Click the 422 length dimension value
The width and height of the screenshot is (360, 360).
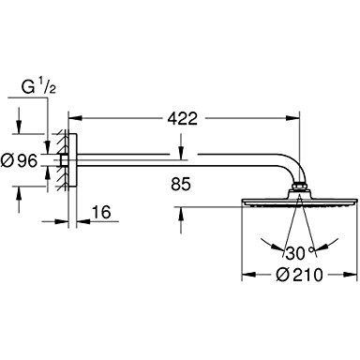click(183, 118)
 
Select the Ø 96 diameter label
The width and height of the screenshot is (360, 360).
click(19, 160)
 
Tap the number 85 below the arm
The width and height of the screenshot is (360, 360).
click(181, 185)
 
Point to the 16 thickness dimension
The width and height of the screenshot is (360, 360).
click(101, 212)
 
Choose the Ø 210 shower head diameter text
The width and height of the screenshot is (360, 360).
click(299, 275)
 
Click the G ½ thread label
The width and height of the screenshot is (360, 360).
click(38, 87)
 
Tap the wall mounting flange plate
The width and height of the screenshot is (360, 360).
click(72, 160)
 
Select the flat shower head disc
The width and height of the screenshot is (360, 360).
click(299, 202)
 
